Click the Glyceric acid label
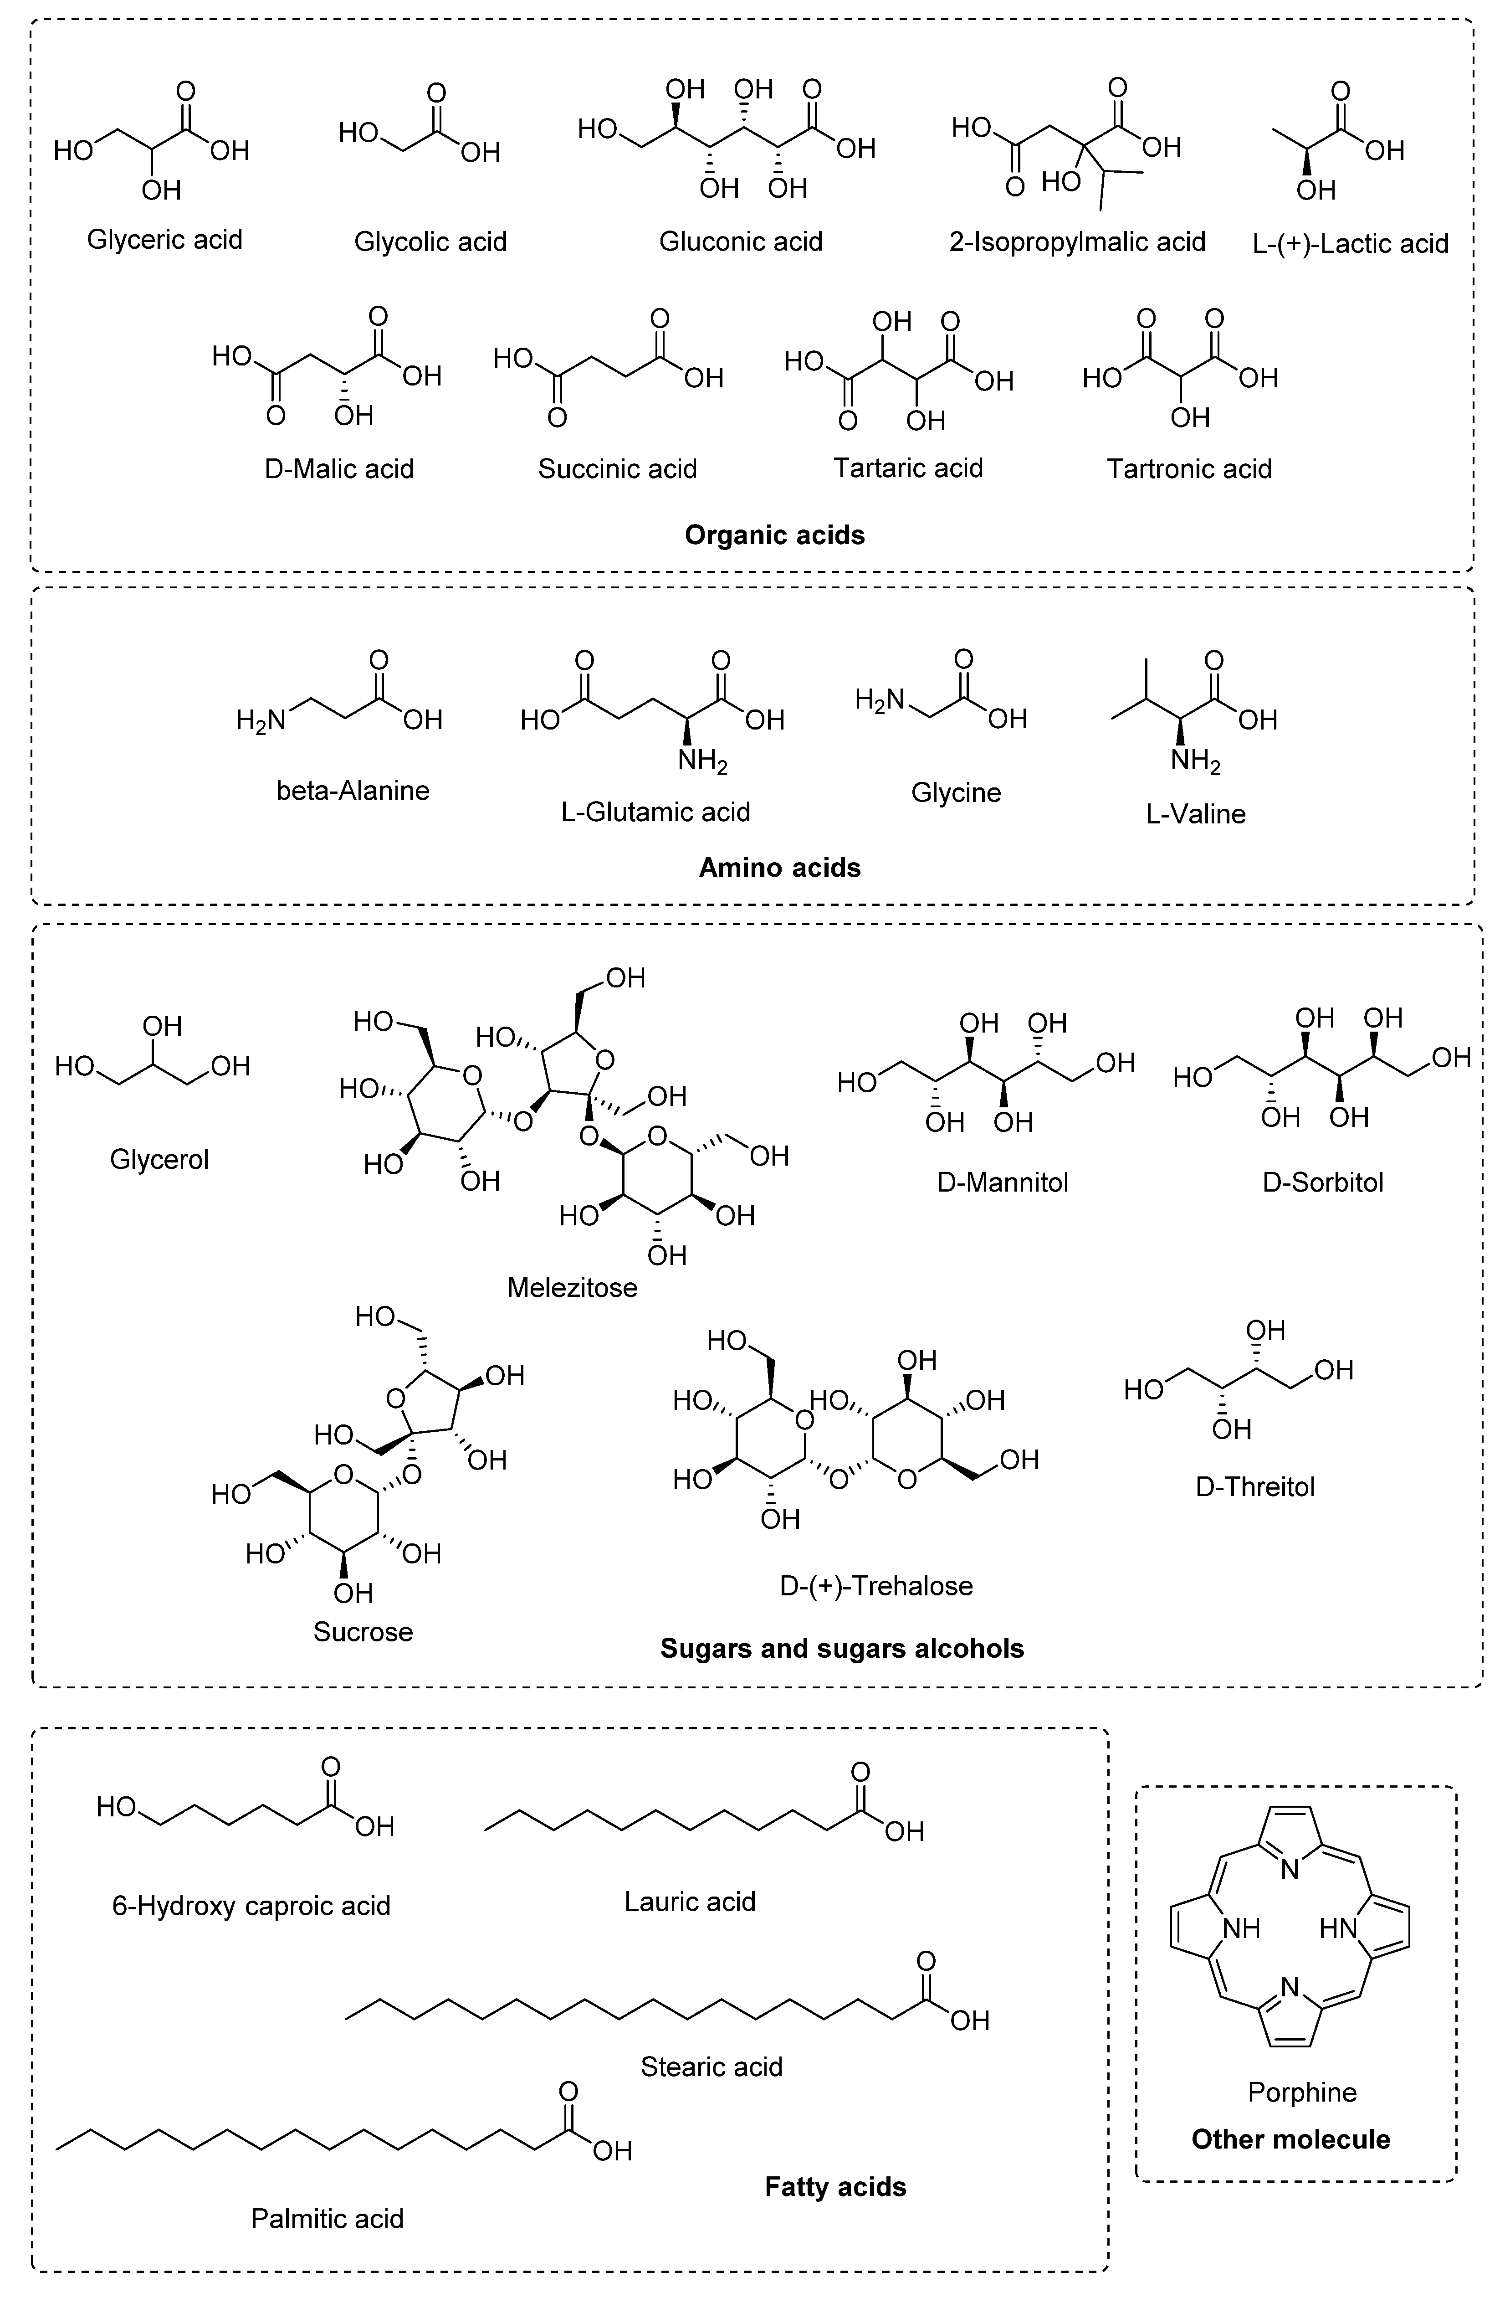[x=164, y=239]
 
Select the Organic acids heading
[x=774, y=535]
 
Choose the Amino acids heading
[x=779, y=867]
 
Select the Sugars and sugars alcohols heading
[x=842, y=1648]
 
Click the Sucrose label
[x=363, y=1632]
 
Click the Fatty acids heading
[x=835, y=2187]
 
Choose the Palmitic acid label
[x=327, y=2219]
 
